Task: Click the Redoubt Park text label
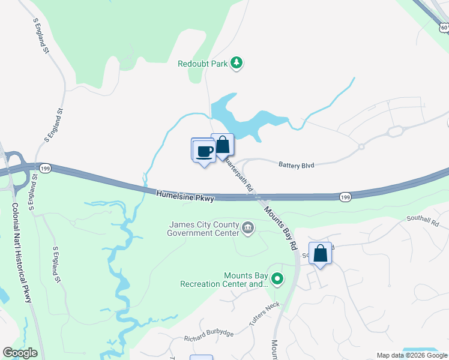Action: point(203,64)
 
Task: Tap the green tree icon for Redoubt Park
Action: point(237,63)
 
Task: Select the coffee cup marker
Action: point(204,150)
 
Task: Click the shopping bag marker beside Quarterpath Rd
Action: point(223,145)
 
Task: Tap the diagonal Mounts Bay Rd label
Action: point(280,228)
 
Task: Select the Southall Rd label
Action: point(423,220)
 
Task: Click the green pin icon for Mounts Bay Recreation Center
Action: point(277,278)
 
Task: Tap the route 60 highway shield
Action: point(443,27)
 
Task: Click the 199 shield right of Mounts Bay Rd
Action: point(345,197)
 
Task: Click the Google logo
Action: point(20,353)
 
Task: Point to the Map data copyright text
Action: point(412,355)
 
